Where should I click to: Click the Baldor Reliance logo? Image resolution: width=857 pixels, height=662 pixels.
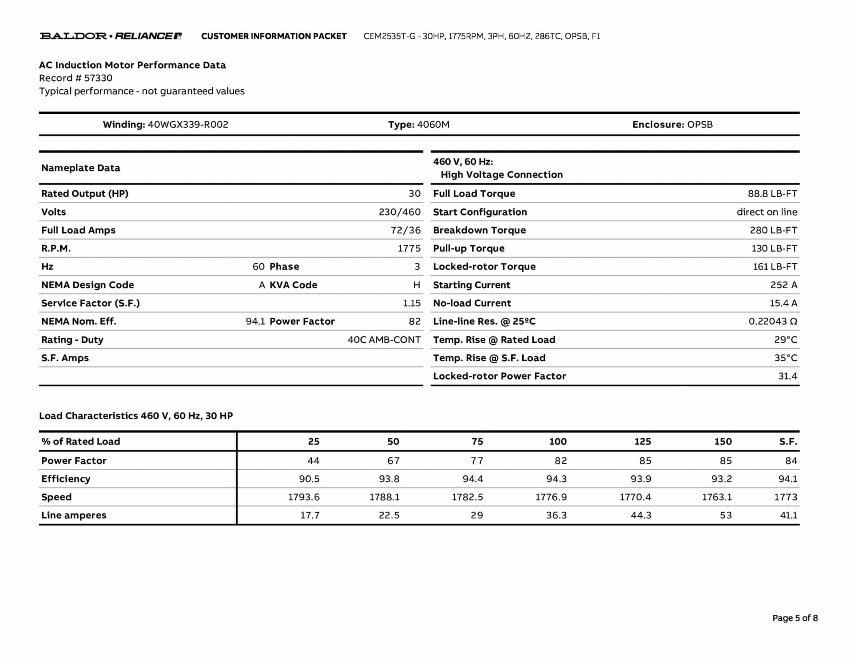pyautogui.click(x=110, y=36)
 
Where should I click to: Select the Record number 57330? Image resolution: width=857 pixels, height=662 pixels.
pyautogui.click(x=98, y=78)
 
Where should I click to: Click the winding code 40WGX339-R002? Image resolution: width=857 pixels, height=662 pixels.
pyautogui.click(x=188, y=125)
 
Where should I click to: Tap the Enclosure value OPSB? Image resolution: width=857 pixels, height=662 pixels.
pyautogui.click(x=700, y=125)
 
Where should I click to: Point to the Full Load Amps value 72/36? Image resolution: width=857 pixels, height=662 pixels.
pyautogui.click(x=405, y=230)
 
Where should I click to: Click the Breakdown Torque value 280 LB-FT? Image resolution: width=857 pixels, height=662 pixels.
pyautogui.click(x=773, y=230)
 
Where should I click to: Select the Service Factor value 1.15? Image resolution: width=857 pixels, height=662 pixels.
pyautogui.click(x=412, y=303)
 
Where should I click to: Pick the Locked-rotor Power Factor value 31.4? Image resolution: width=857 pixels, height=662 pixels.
pyautogui.click(x=788, y=376)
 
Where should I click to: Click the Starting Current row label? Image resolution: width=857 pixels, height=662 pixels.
pyautogui.click(x=472, y=285)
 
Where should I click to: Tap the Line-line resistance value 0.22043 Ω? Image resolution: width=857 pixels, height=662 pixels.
pyautogui.click(x=772, y=321)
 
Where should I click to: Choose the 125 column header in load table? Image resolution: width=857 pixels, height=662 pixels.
pyautogui.click(x=642, y=441)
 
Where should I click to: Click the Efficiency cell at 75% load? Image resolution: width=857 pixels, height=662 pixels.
pyautogui.click(x=473, y=479)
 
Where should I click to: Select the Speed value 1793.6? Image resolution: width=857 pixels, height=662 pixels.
pyautogui.click(x=304, y=497)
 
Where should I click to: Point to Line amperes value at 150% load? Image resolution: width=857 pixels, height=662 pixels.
pyautogui.click(x=726, y=515)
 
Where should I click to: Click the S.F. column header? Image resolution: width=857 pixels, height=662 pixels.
pyautogui.click(x=788, y=441)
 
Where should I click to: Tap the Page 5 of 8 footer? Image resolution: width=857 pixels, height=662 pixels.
pyautogui.click(x=795, y=618)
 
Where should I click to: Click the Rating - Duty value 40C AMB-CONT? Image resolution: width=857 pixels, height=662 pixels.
pyautogui.click(x=384, y=340)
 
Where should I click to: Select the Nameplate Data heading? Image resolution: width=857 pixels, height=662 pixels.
pyautogui.click(x=81, y=168)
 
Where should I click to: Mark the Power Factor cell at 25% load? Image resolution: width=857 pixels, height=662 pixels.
pyautogui.click(x=313, y=461)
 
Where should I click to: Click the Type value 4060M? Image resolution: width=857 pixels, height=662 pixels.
pyautogui.click(x=433, y=125)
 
